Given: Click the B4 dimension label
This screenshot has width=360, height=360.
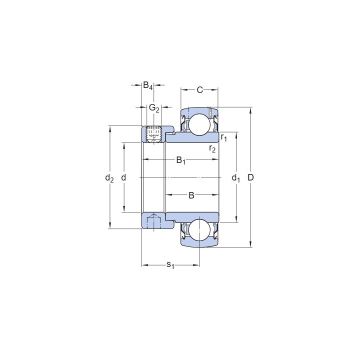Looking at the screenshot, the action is tap(148, 85).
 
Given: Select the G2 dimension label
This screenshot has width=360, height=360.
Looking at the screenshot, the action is tap(154, 107).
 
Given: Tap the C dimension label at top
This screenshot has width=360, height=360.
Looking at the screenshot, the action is tap(199, 90).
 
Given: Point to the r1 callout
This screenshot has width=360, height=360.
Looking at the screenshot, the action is tap(223, 137).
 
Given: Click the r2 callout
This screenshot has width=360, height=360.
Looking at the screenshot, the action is tap(212, 149).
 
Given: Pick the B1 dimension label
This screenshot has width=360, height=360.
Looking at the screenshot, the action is tap(181, 160).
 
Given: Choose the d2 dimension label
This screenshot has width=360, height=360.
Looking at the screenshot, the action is tap(109, 178).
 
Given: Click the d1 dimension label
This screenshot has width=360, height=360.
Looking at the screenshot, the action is tap(236, 178).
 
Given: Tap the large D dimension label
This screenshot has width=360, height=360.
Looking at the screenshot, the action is tap(250, 177).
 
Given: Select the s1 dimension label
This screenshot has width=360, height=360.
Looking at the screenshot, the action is tap(170, 265).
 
